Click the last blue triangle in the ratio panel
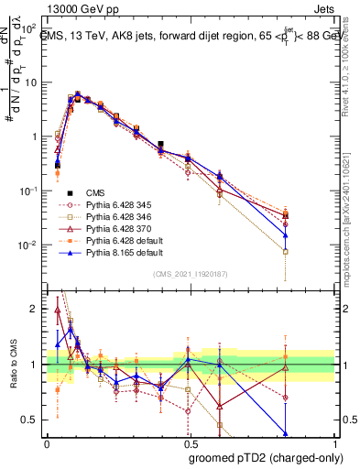[x=285, y=432]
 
